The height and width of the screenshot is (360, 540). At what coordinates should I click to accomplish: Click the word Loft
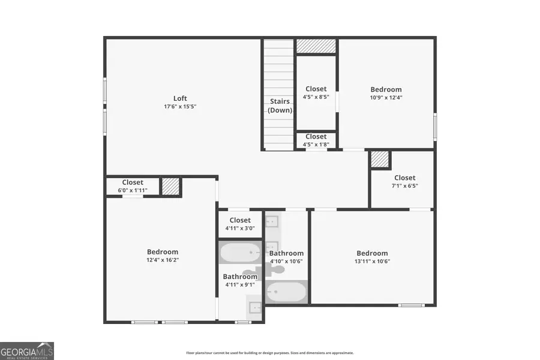(180, 98)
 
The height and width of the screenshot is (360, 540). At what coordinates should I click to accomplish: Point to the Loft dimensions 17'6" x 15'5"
(180, 107)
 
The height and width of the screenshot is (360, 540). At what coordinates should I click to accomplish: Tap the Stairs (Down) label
(280, 106)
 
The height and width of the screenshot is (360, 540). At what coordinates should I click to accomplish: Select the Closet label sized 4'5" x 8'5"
(316, 89)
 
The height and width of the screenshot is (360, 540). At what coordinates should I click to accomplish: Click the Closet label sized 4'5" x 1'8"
(316, 137)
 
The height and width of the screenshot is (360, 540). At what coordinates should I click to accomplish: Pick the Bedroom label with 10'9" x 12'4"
(386, 89)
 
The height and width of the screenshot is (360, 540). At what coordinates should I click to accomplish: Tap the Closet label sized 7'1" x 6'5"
(404, 178)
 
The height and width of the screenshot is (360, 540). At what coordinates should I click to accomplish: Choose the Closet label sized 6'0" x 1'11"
(133, 182)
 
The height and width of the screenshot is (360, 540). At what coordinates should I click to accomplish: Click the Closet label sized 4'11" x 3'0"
(240, 220)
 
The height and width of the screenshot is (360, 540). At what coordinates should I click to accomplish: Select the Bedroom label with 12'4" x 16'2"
(163, 252)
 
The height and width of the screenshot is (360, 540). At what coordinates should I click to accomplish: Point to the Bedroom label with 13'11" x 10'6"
(372, 253)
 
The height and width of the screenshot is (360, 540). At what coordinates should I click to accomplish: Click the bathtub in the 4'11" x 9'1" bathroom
(240, 253)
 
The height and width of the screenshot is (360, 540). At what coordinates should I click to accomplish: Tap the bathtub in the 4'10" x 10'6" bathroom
(286, 292)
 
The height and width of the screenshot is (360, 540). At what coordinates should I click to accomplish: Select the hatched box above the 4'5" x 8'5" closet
(316, 46)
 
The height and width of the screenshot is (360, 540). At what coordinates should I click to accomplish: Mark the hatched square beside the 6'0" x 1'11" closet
(170, 187)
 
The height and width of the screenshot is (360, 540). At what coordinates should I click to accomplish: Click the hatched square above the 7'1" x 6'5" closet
(380, 159)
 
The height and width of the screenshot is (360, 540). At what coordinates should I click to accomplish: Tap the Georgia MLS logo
(27, 350)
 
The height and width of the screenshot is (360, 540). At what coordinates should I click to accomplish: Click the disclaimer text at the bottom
(269, 353)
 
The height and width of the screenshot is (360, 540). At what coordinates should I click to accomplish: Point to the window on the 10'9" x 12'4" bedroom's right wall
(435, 127)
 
